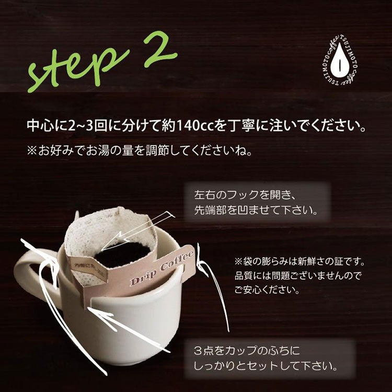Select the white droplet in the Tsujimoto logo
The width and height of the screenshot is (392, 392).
pos(340,61)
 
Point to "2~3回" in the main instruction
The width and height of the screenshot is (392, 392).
pos(87,125)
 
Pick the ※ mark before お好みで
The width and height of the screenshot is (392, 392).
pos(32,151)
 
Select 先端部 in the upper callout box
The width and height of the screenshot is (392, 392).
pos(211,211)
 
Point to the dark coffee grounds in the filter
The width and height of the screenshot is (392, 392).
pos(122,254)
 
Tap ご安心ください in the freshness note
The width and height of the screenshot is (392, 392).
pos(267,290)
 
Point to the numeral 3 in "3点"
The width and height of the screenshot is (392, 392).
pos(198,351)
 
